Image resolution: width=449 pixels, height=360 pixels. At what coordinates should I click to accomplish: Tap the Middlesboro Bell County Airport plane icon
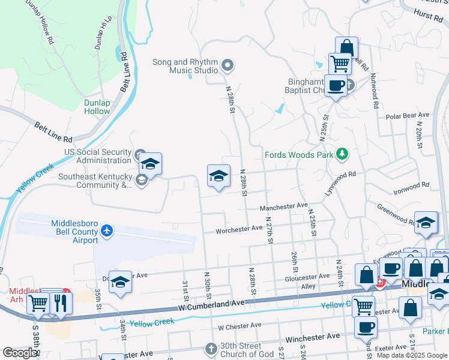tap(107, 230)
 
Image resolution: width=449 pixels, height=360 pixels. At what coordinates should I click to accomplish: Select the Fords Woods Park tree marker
tap(342, 155)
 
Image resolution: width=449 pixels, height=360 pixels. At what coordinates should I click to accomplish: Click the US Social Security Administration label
tap(98, 156)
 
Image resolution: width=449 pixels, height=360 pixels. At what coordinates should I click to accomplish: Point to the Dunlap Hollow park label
tap(97, 107)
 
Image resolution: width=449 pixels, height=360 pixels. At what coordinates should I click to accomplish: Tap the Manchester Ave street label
tap(283, 207)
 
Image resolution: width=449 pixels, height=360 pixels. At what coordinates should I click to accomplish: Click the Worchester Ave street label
tap(240, 229)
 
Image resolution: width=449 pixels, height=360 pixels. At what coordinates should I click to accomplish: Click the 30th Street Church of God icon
tap(211, 348)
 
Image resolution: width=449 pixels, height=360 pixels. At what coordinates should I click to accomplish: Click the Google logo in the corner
tap(20, 353)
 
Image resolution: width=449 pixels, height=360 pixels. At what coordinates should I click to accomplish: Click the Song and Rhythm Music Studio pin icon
tap(228, 65)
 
